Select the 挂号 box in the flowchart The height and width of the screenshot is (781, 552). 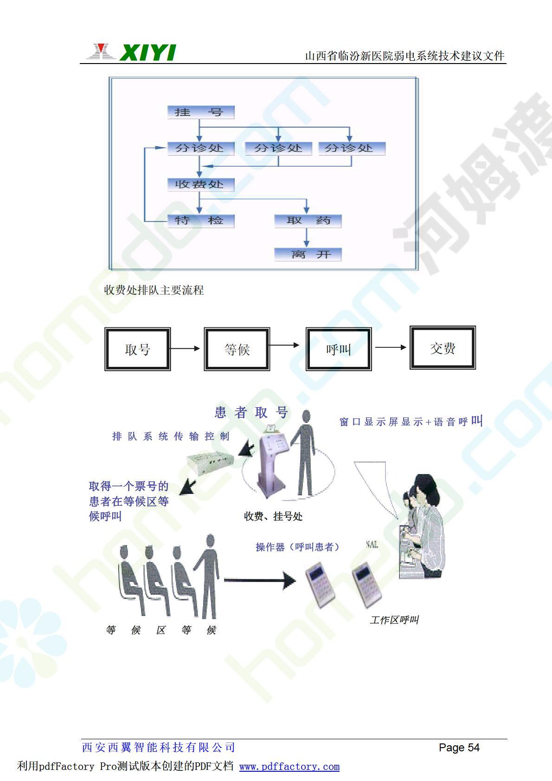click(x=200, y=112)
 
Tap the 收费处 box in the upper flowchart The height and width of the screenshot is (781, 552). click(x=200, y=185)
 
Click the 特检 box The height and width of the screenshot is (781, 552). click(x=200, y=221)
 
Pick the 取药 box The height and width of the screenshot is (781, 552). click(x=308, y=221)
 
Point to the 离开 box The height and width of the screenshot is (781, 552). click(x=308, y=254)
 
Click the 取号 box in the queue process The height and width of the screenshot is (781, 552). click(x=137, y=349)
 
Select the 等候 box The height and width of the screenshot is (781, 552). click(x=237, y=349)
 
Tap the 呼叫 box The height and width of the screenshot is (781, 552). click(x=338, y=349)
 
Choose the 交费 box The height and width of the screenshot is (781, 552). click(x=443, y=348)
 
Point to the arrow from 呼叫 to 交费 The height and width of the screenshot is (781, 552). click(x=391, y=347)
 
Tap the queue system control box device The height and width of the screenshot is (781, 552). click(x=210, y=460)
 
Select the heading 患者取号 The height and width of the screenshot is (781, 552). click(x=252, y=412)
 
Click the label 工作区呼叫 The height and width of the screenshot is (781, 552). click(x=394, y=620)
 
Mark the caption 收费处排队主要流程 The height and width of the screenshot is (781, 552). click(x=154, y=290)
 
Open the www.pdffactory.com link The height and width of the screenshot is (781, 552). click(x=289, y=767)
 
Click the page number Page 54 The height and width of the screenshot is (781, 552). click(x=459, y=748)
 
